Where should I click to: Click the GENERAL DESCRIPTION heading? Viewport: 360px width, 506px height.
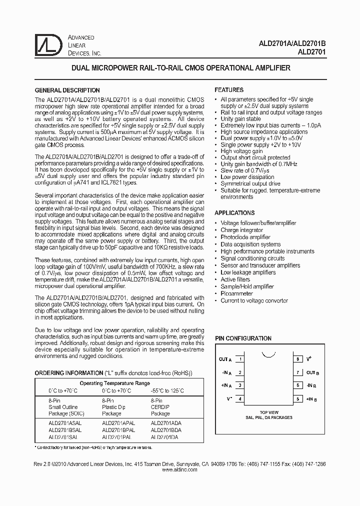click(x=66, y=90)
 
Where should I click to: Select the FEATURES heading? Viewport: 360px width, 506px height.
click(x=229, y=90)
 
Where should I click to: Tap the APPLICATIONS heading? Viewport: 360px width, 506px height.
click(x=234, y=212)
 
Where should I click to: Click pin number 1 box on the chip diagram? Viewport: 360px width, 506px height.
click(x=240, y=359)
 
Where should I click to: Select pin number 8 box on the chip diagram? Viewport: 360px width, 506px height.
click(x=297, y=359)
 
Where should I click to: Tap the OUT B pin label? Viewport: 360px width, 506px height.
click(x=311, y=372)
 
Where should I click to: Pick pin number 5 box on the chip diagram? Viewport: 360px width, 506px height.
click(x=297, y=398)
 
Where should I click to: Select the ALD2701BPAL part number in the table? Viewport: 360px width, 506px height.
click(x=118, y=429)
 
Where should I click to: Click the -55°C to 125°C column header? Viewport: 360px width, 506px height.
click(x=167, y=390)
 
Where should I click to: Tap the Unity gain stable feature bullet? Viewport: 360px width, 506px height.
click(x=240, y=119)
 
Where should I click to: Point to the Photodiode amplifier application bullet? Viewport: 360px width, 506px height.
click(x=245, y=237)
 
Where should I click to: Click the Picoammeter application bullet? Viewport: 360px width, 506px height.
click(x=237, y=293)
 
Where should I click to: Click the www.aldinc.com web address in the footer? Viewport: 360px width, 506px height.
click(x=180, y=470)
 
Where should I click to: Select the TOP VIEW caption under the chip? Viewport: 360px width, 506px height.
click(x=269, y=412)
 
